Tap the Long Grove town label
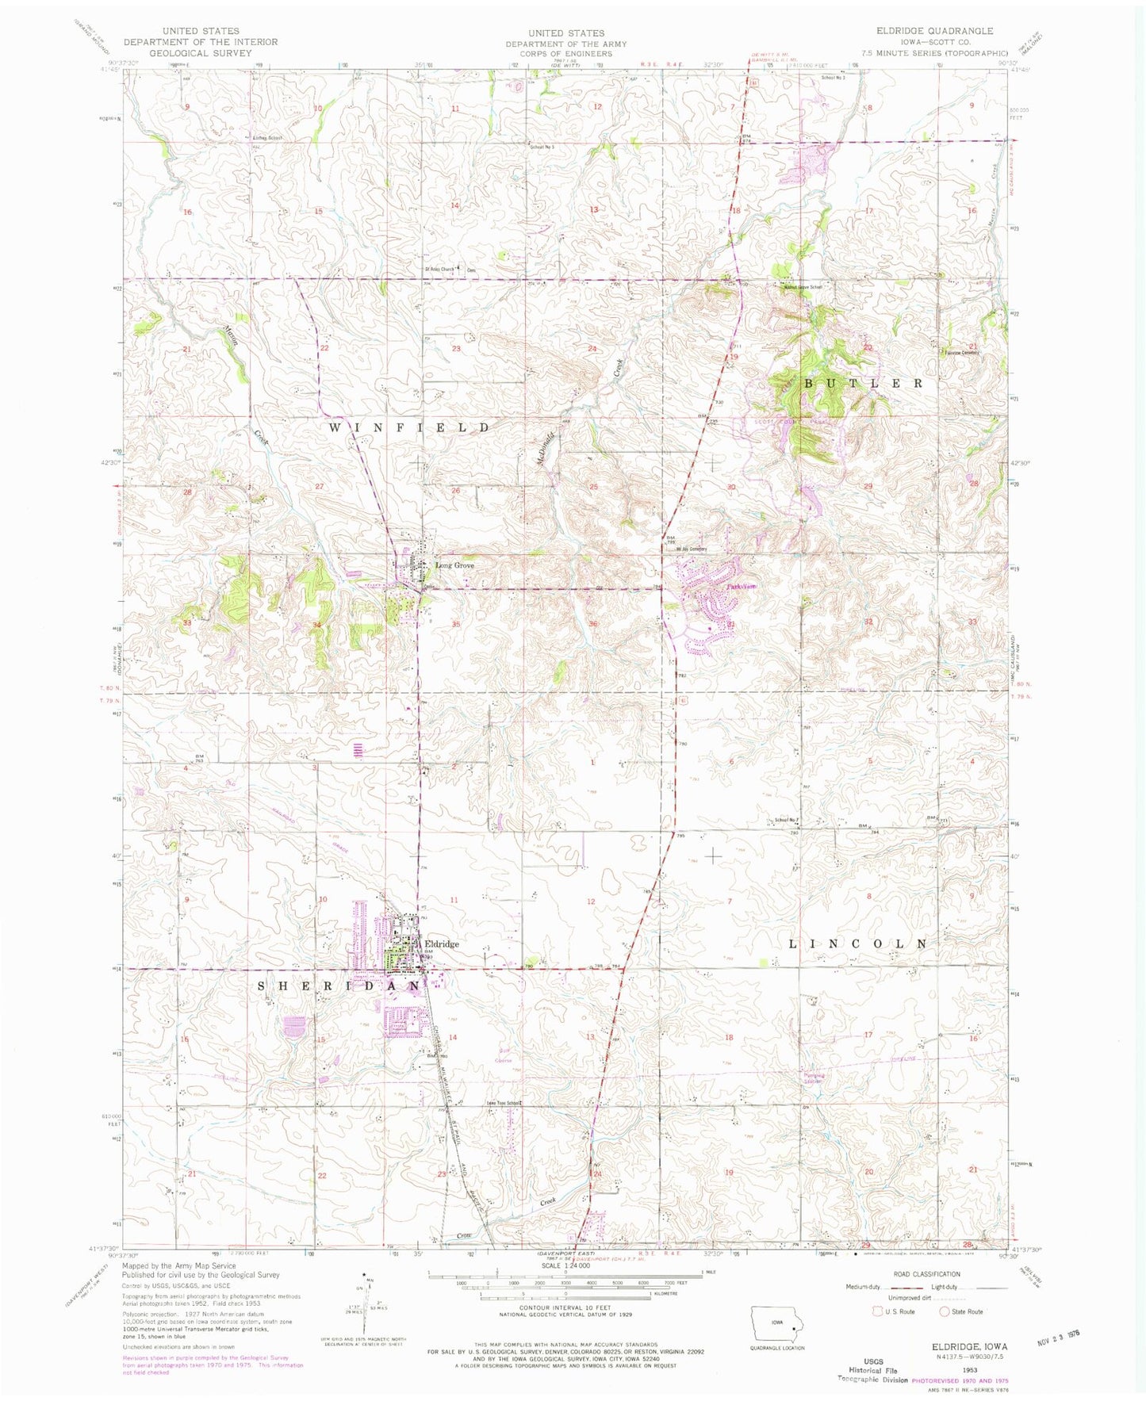coord(454,565)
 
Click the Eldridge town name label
coord(442,944)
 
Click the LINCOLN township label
coord(857,944)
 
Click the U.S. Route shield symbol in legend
coord(877,1311)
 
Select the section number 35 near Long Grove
coord(456,625)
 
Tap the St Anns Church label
coord(440,269)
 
